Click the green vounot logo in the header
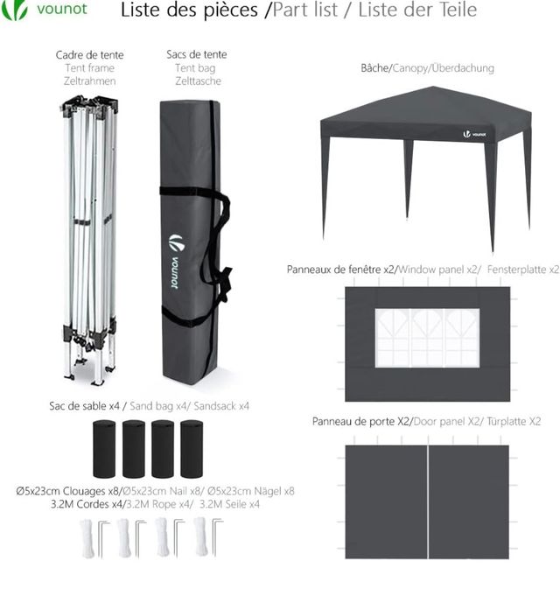[x=45, y=9]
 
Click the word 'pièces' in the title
[x=231, y=11]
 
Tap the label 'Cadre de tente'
[x=90, y=55]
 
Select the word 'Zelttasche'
[x=198, y=81]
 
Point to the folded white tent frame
[x=90, y=240]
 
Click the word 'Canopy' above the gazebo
[x=410, y=68]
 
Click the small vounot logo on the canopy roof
[x=474, y=134]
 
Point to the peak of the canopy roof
[x=432, y=88]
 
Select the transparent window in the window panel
[x=427, y=338]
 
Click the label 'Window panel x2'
[x=437, y=270]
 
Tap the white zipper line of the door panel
[x=428, y=501]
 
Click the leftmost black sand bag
[x=104, y=449]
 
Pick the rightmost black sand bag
[x=192, y=449]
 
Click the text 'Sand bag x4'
[x=158, y=406]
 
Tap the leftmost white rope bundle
[x=87, y=538]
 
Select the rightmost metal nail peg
[x=217, y=537]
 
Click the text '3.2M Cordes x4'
[x=87, y=504]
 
